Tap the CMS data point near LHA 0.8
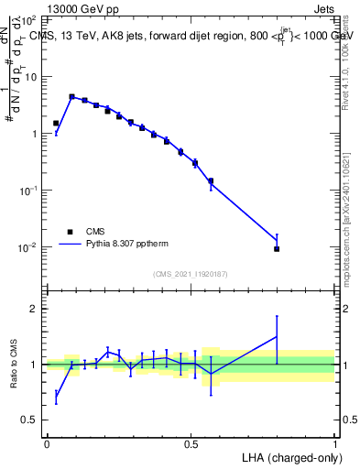(x=277, y=249)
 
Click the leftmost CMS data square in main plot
(x=56, y=123)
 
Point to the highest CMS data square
(x=71, y=96)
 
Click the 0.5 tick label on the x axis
(x=191, y=444)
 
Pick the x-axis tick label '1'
(x=335, y=444)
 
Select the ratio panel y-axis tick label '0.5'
(x=32, y=420)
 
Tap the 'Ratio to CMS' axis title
(x=14, y=365)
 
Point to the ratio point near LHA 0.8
(x=277, y=336)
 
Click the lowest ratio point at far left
(x=56, y=395)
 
